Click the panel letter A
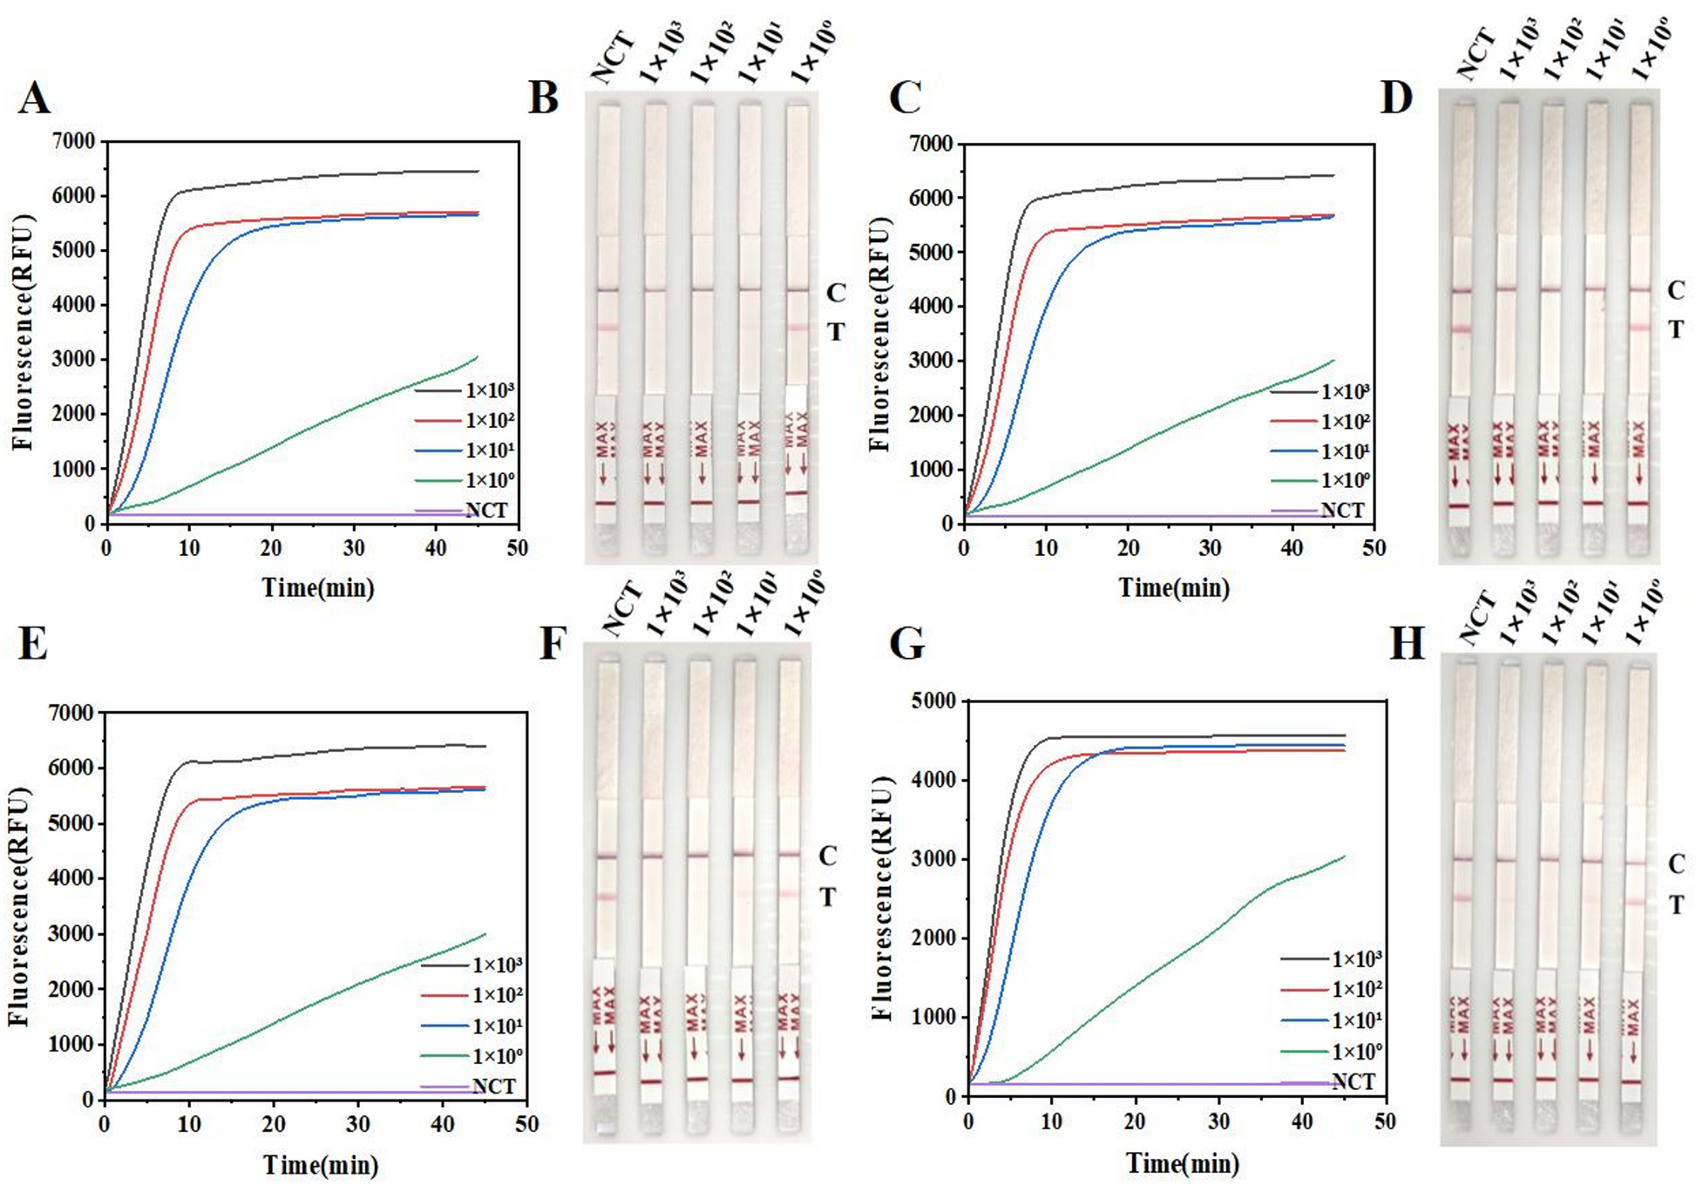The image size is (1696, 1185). [x=34, y=97]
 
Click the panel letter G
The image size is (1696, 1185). [x=906, y=644]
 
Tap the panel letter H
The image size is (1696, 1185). [x=1406, y=644]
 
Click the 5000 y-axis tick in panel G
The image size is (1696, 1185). [x=933, y=701]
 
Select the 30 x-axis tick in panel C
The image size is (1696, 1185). [x=1209, y=548]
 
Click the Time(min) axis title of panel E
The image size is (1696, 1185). [x=320, y=1164]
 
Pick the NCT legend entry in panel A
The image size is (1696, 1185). [x=485, y=511]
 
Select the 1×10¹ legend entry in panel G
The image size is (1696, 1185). [x=1357, y=1019]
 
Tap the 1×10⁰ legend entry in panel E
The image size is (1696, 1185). [x=497, y=1056]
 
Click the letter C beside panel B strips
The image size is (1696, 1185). [x=835, y=293]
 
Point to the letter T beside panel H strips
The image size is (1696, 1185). [x=1676, y=905]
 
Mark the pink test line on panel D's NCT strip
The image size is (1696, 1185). [x=1460, y=329]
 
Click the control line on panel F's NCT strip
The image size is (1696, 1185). [x=607, y=857]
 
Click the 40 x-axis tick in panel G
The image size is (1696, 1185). [x=1301, y=1121]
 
